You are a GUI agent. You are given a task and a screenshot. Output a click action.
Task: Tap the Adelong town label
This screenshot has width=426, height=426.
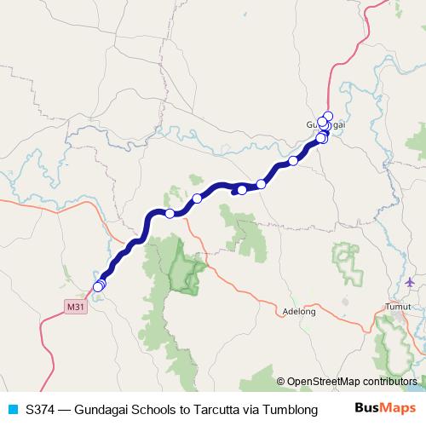299,312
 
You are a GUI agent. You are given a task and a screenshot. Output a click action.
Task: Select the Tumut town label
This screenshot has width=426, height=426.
397,307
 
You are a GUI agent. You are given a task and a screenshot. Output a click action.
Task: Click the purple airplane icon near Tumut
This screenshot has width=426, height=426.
411,282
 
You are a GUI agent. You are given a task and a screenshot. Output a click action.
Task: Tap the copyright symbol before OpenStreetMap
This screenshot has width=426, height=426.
280,383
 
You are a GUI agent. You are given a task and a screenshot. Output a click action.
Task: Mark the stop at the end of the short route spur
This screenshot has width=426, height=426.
241,189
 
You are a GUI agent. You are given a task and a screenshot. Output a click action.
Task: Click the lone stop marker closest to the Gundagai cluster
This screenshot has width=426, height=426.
293,160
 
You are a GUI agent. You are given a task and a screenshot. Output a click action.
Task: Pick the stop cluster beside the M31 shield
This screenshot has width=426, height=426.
99,285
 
